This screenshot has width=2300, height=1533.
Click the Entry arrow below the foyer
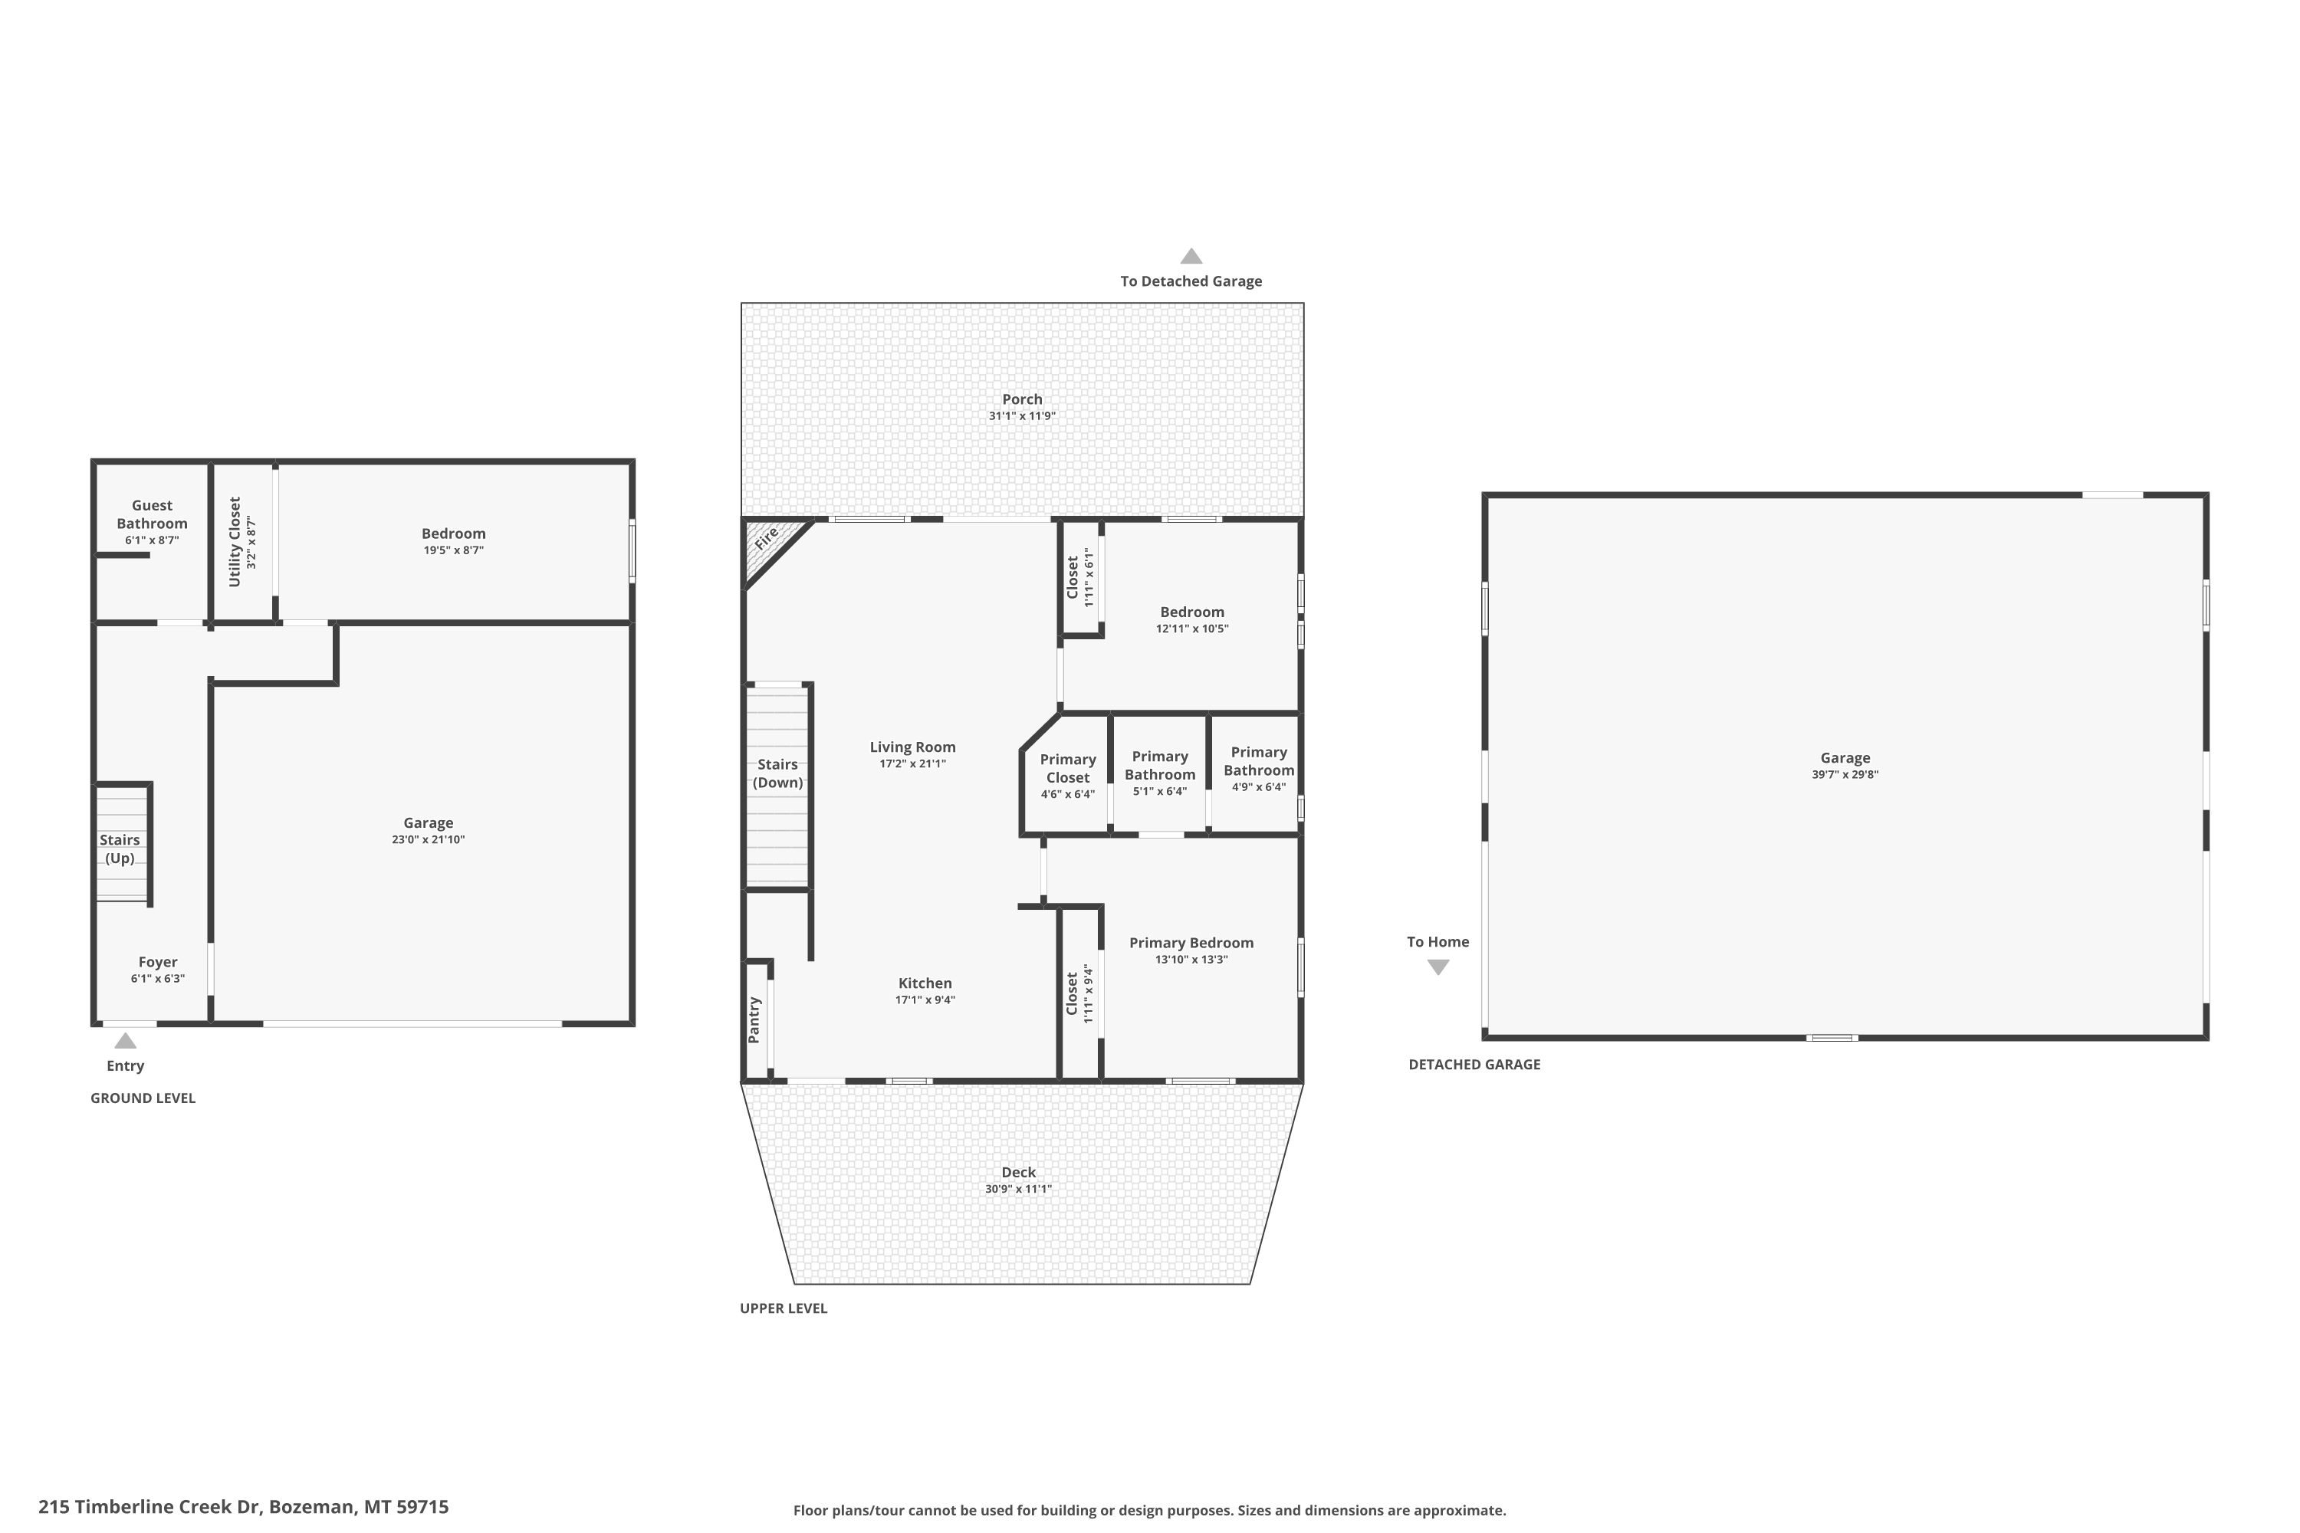pyautogui.click(x=125, y=1040)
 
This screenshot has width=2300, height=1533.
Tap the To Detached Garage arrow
pyautogui.click(x=1191, y=256)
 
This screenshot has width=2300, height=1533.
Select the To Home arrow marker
pyautogui.click(x=1437, y=967)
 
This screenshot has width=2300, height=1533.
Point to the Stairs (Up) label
pyautogui.click(x=120, y=849)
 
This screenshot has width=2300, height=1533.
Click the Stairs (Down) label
pyautogui.click(x=777, y=773)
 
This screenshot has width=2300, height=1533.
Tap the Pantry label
pyautogui.click(x=754, y=1019)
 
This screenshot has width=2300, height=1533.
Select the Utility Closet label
pyautogui.click(x=235, y=542)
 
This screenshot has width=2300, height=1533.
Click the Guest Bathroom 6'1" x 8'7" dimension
pyautogui.click(x=152, y=540)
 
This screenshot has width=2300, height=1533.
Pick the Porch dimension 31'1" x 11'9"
pyautogui.click(x=1022, y=415)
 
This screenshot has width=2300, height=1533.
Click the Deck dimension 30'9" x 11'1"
pyautogui.click(x=1018, y=1189)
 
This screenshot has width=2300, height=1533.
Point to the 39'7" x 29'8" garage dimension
pyautogui.click(x=1845, y=774)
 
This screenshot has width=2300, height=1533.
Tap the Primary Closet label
pyautogui.click(x=1068, y=769)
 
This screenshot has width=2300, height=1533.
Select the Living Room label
pyautogui.click(x=912, y=747)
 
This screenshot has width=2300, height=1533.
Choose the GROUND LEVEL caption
pyautogui.click(x=143, y=1098)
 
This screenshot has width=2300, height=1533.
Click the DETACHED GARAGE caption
pyautogui.click(x=1474, y=1065)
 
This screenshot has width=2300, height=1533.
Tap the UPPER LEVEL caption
pyautogui.click(x=784, y=1308)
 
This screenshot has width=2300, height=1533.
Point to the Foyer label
pyautogui.click(x=157, y=962)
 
